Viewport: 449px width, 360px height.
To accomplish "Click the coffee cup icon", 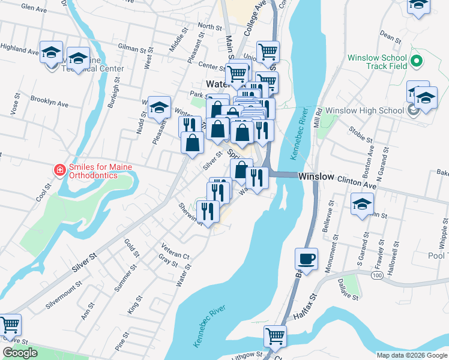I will point(306,259).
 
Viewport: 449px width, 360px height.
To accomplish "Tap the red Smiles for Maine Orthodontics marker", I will point(59,171).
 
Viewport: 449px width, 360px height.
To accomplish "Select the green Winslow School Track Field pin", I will point(418,61).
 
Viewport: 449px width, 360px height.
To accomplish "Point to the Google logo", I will point(20,353).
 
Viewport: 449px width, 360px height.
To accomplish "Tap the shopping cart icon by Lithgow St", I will point(275,335).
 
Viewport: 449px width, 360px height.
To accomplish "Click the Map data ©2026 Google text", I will point(412,355).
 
